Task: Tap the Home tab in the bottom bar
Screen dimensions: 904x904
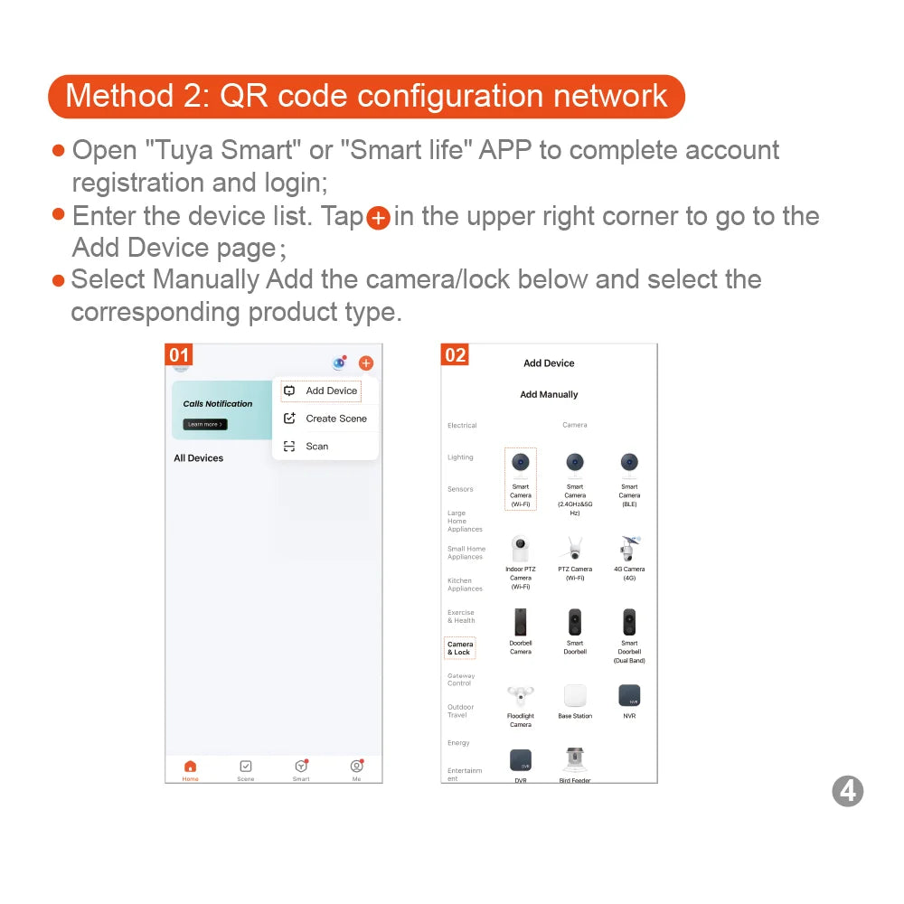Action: tap(190, 769)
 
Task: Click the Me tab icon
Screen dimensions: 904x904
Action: tap(356, 767)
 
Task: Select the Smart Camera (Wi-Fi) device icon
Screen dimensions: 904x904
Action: tap(520, 464)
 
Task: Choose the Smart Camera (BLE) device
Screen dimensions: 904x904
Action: tap(629, 464)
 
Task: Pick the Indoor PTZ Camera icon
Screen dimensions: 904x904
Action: tap(520, 549)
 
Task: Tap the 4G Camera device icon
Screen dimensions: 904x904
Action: tap(629, 549)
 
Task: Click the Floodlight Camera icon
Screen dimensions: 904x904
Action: tap(520, 696)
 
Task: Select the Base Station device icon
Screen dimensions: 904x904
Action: tap(575, 696)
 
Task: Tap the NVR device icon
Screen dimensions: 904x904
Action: tap(629, 696)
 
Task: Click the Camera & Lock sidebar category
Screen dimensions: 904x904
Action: tap(460, 648)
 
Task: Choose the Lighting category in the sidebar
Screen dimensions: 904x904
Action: tap(460, 457)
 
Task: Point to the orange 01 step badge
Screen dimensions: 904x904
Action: tap(179, 354)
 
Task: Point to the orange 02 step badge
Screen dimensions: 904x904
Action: tap(455, 354)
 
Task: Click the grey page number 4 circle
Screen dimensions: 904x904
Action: tap(847, 791)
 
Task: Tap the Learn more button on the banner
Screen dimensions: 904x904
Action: tap(204, 424)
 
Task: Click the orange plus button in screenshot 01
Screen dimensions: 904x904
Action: tap(365, 363)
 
